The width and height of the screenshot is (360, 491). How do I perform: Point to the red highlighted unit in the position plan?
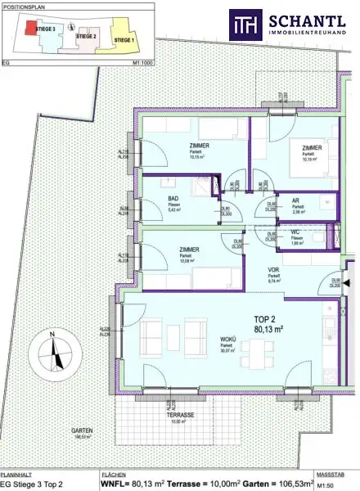29,28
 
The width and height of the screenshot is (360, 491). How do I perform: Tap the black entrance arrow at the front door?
346,284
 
